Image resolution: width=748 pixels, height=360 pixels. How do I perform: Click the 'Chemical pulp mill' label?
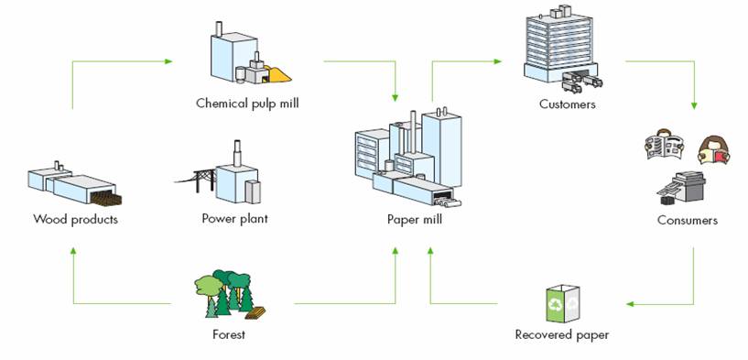coord(247,103)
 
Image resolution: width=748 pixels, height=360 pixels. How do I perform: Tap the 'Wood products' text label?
coord(75,219)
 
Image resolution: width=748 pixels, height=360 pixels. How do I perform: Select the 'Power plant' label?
coord(234,219)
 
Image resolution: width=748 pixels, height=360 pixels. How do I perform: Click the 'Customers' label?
coord(567,104)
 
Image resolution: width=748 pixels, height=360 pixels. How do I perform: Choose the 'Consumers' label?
coord(687,220)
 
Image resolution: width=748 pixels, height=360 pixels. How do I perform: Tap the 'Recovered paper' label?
coord(561,334)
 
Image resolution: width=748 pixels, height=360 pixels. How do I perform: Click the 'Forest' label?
coord(228,334)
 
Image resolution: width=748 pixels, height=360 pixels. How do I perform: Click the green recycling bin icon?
coord(559,303)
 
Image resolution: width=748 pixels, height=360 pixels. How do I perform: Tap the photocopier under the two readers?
coord(687,188)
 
